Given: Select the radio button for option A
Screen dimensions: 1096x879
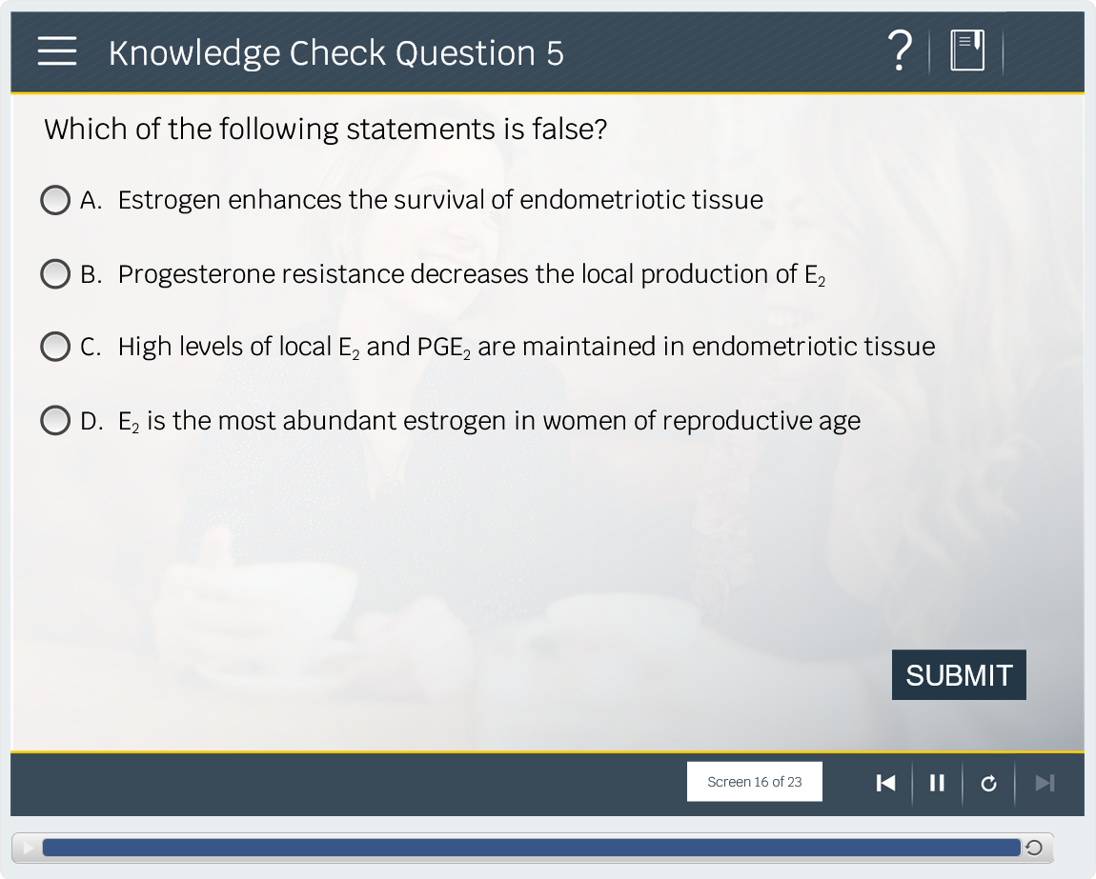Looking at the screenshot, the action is pos(55,200).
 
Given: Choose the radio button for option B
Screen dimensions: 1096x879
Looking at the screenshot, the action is pos(55,274).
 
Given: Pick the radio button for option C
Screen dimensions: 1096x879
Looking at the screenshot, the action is pos(55,347).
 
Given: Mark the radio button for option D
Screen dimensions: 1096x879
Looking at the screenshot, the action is pos(55,421).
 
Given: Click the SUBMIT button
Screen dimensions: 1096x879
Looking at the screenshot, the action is pos(959,675).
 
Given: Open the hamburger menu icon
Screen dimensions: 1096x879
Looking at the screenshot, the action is pos(57,51).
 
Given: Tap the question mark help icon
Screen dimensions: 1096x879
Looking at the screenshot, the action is pos(901,50).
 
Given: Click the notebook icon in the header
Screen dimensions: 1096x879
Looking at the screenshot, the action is pos(967,50).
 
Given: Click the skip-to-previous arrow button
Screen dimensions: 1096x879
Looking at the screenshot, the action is pos(885,783).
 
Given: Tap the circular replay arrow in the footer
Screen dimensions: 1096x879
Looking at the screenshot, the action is pos(988,783).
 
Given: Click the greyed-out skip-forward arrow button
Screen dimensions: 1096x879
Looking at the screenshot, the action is pos(1045,783).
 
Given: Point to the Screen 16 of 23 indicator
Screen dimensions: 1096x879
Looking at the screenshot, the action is pos(754,782).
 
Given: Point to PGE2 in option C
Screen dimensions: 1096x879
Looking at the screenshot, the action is pos(444,348).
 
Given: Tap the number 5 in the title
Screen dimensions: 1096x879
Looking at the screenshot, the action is pos(555,53).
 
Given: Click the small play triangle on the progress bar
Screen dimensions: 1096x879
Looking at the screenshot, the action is pos(28,849).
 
